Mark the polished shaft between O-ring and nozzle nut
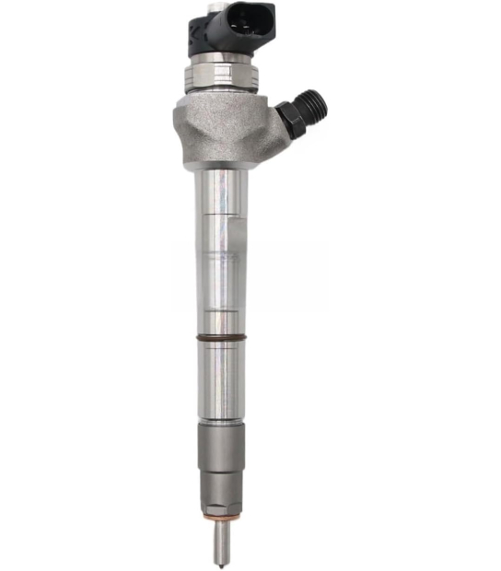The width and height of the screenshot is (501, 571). [222, 378]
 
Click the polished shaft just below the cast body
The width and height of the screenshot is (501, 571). [222, 193]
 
